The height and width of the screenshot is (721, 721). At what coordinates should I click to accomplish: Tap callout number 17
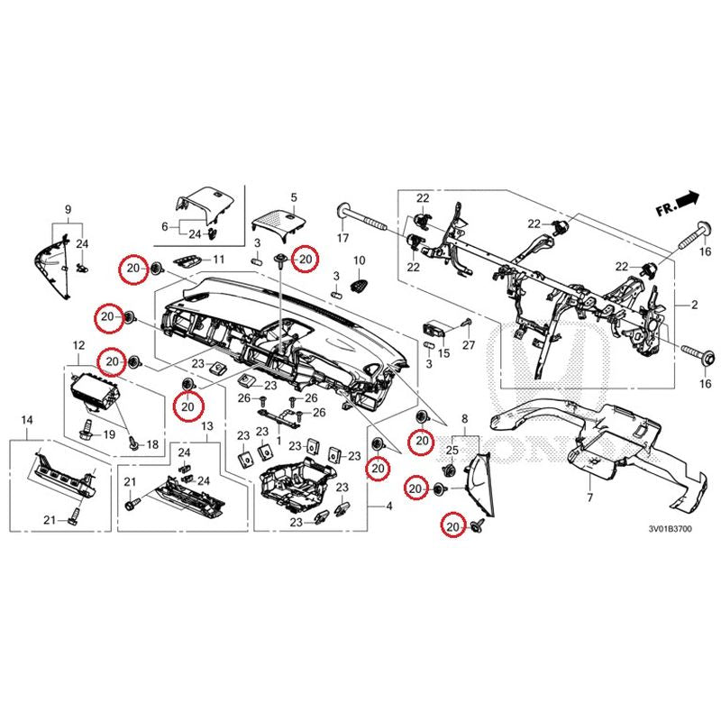[342, 239]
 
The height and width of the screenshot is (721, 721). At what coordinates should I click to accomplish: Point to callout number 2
[695, 307]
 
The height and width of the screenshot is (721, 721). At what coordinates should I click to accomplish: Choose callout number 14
[26, 420]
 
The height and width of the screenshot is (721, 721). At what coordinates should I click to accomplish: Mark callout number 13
[206, 425]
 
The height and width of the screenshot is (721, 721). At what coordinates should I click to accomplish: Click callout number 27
[469, 346]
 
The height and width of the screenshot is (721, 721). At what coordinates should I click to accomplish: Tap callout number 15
[443, 355]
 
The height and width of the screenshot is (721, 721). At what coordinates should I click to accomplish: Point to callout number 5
[293, 196]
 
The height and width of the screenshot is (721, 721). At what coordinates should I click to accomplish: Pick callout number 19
[110, 434]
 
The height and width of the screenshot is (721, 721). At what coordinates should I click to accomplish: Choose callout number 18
[151, 445]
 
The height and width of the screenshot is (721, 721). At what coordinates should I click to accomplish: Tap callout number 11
[217, 260]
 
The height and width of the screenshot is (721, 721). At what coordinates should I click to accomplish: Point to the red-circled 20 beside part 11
[133, 268]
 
